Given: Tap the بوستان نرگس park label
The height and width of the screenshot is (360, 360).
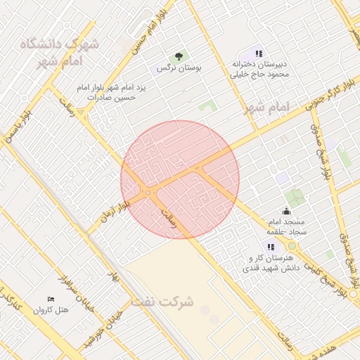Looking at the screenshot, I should pyautogui.click(x=179, y=68).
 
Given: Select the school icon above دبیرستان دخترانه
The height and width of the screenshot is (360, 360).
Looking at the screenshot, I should pyautogui.click(x=259, y=53).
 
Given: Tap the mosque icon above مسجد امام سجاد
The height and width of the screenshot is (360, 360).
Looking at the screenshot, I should pyautogui.click(x=286, y=210).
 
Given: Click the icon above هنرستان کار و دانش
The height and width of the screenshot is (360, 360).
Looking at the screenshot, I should pyautogui.click(x=271, y=246).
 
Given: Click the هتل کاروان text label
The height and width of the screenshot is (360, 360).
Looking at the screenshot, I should pyautogui.click(x=52, y=310).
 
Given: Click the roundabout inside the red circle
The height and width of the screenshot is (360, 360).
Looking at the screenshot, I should pyautogui.click(x=148, y=191).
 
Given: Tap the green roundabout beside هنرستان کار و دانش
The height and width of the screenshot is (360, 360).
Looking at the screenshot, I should pyautogui.click(x=292, y=245).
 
